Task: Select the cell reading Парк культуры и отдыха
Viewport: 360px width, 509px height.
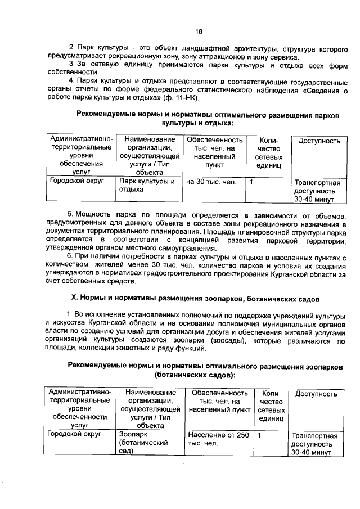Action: (x=147, y=186)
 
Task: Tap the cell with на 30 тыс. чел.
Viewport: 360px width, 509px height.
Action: (x=211, y=182)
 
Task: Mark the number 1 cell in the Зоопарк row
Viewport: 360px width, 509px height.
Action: (x=259, y=435)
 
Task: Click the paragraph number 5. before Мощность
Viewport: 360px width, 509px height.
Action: (x=71, y=215)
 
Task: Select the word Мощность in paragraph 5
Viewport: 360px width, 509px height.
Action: (x=94, y=215)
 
